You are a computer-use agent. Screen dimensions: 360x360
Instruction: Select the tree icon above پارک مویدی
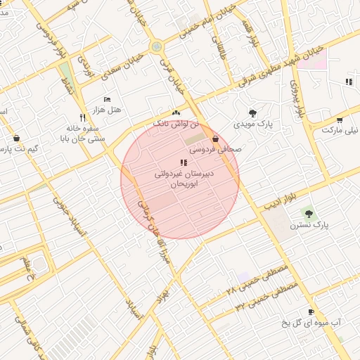252,112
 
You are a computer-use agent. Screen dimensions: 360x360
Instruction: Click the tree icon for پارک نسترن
307,212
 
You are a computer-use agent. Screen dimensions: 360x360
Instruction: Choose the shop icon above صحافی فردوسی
214,139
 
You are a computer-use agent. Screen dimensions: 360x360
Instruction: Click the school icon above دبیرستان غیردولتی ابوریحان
184,162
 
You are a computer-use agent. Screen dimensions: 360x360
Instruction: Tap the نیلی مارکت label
340,130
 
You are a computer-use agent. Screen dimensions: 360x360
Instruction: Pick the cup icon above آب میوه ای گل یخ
311,311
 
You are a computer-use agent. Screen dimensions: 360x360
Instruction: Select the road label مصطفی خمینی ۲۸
252,281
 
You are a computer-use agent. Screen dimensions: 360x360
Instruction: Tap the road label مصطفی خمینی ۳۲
266,297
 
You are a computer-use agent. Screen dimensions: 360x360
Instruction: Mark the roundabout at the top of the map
156,46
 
